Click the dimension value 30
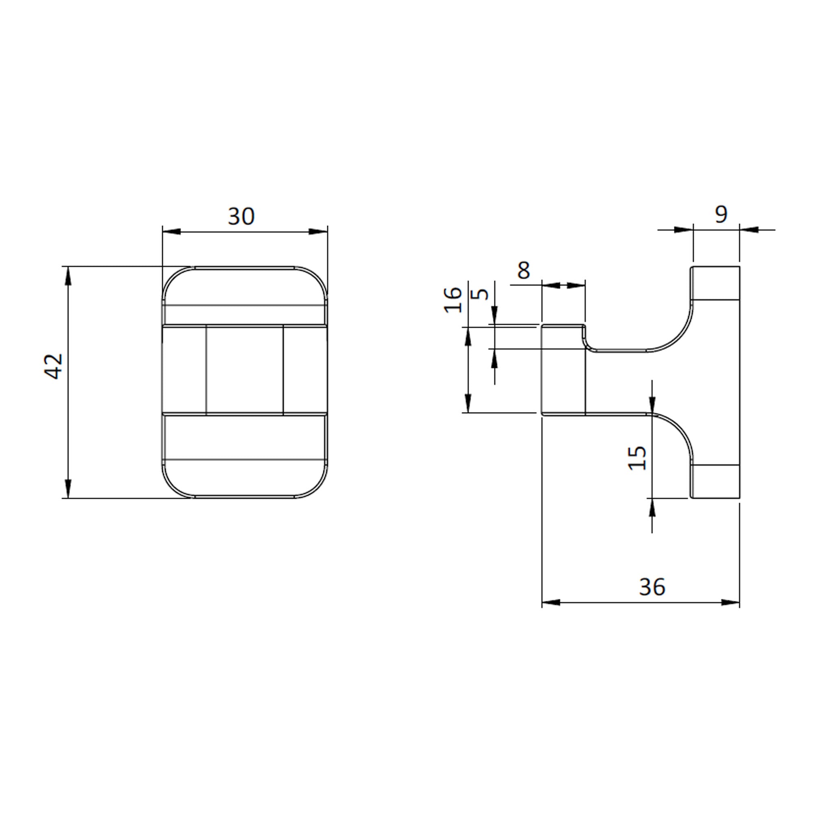point(241,216)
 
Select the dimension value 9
point(721,215)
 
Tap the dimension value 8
point(523,271)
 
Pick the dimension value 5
point(480,294)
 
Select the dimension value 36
point(652,587)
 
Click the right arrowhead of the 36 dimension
point(730,602)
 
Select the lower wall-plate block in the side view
point(715,481)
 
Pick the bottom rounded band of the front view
point(244,478)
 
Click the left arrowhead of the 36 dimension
point(551,602)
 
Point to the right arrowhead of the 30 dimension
point(319,231)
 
